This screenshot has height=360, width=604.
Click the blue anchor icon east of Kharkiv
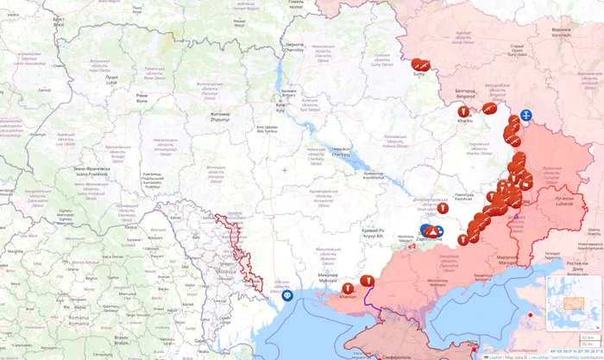pyautogui.click(x=525, y=116)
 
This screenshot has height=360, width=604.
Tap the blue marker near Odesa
pyautogui.click(x=287, y=295)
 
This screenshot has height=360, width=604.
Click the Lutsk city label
pyautogui.click(x=111, y=79)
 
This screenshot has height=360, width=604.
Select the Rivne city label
pyautogui.click(x=142, y=98)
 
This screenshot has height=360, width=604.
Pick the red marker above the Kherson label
pyautogui.click(x=348, y=287)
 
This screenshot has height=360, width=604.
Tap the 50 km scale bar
pyautogui.click(x=588, y=338)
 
